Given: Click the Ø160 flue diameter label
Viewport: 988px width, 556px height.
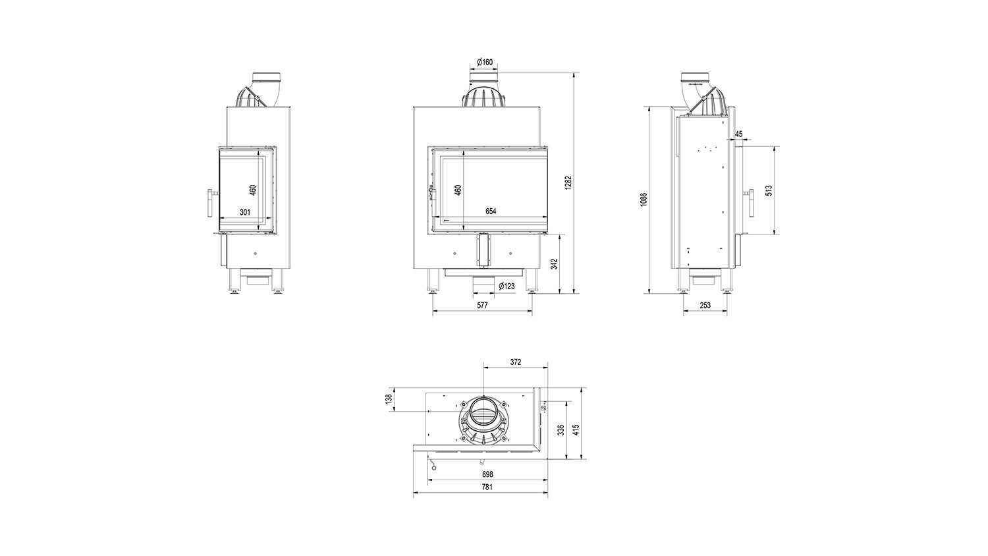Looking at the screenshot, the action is tap(484, 62).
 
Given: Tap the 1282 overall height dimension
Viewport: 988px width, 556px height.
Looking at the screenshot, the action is tap(568, 182).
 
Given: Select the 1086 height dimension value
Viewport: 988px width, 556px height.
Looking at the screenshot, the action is tap(644, 200).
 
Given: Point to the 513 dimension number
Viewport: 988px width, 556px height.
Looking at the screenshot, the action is tap(769, 190).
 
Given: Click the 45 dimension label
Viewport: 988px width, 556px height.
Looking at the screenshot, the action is tap(739, 134).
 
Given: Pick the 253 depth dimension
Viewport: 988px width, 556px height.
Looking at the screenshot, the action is tap(705, 305).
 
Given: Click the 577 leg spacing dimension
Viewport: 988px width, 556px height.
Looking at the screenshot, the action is tap(483, 305).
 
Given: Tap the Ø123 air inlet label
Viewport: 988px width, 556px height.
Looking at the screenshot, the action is tap(507, 286).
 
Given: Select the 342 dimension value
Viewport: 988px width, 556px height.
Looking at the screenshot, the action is tap(555, 264).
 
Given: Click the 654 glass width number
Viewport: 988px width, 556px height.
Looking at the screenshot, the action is tap(491, 211).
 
